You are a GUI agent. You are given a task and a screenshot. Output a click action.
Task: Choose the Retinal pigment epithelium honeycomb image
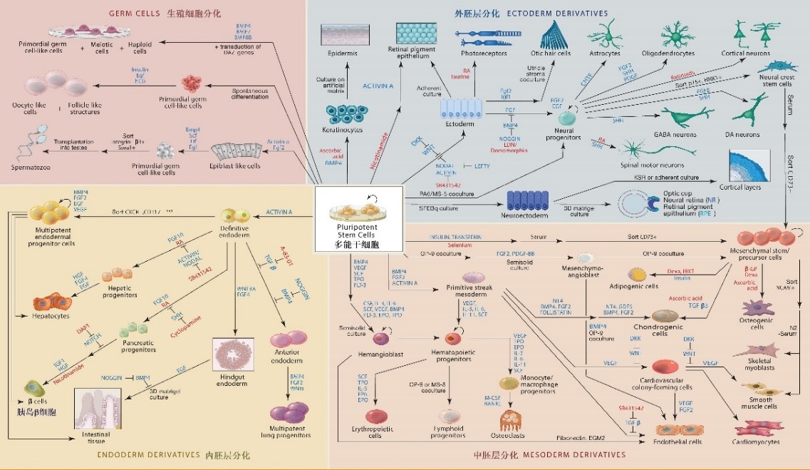[x=419, y=36]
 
